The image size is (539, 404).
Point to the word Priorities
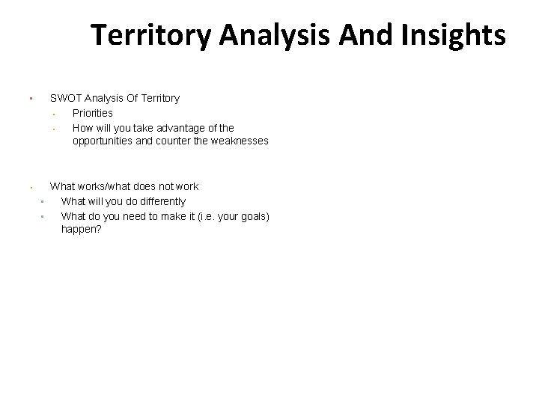(93, 113)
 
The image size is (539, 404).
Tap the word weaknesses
(234, 141)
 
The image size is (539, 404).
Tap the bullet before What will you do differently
(43, 202)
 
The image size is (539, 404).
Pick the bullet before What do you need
(43, 217)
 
